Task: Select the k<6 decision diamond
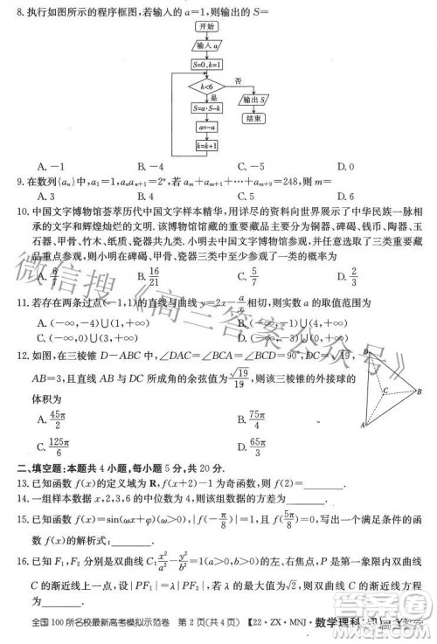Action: (207, 87)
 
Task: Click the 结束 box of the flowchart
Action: (254, 116)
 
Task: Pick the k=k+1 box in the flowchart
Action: (207, 146)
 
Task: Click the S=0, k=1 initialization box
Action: (207, 65)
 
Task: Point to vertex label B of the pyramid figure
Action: (420, 391)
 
